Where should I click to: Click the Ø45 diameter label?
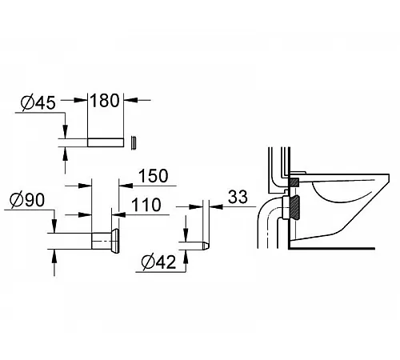(x=38, y=102)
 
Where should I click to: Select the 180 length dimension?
(x=105, y=101)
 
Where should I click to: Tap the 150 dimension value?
(x=154, y=176)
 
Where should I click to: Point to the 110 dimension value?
(x=146, y=205)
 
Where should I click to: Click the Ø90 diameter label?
(x=27, y=200)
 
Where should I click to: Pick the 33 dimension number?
(x=238, y=197)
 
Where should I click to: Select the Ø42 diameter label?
(x=159, y=262)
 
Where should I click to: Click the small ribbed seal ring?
(x=134, y=143)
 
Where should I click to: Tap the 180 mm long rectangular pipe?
(x=106, y=142)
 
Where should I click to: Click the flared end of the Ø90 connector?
(x=115, y=241)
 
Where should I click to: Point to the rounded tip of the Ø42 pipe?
(x=206, y=246)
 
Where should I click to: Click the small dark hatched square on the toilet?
(x=294, y=182)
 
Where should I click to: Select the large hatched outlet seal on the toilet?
(x=294, y=208)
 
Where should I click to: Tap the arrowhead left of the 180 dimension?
(x=81, y=100)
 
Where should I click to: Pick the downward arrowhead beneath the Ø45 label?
(x=65, y=132)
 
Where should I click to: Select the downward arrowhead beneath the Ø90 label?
(x=54, y=226)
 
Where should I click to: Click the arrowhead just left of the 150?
(x=126, y=185)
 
